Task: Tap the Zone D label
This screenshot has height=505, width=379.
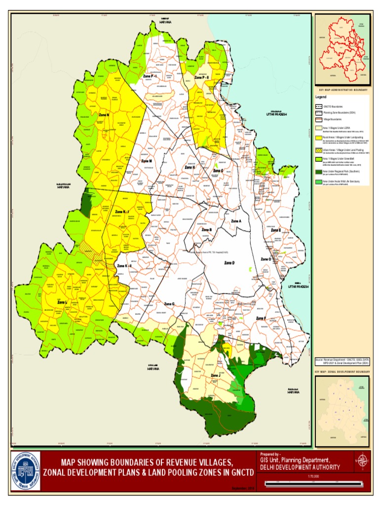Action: coord(229,263)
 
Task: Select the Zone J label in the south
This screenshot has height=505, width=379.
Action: coord(216,376)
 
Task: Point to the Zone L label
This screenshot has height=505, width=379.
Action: coord(60,302)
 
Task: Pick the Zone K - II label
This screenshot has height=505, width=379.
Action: coord(124,266)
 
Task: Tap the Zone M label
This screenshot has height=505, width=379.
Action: coord(147,161)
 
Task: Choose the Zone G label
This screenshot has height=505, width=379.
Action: coord(169,304)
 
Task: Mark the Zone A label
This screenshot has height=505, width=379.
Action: coord(237,221)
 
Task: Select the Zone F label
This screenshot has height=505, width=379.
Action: coord(261,319)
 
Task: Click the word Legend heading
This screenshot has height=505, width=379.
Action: coord(322,98)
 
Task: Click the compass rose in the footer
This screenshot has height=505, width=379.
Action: coord(363,460)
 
